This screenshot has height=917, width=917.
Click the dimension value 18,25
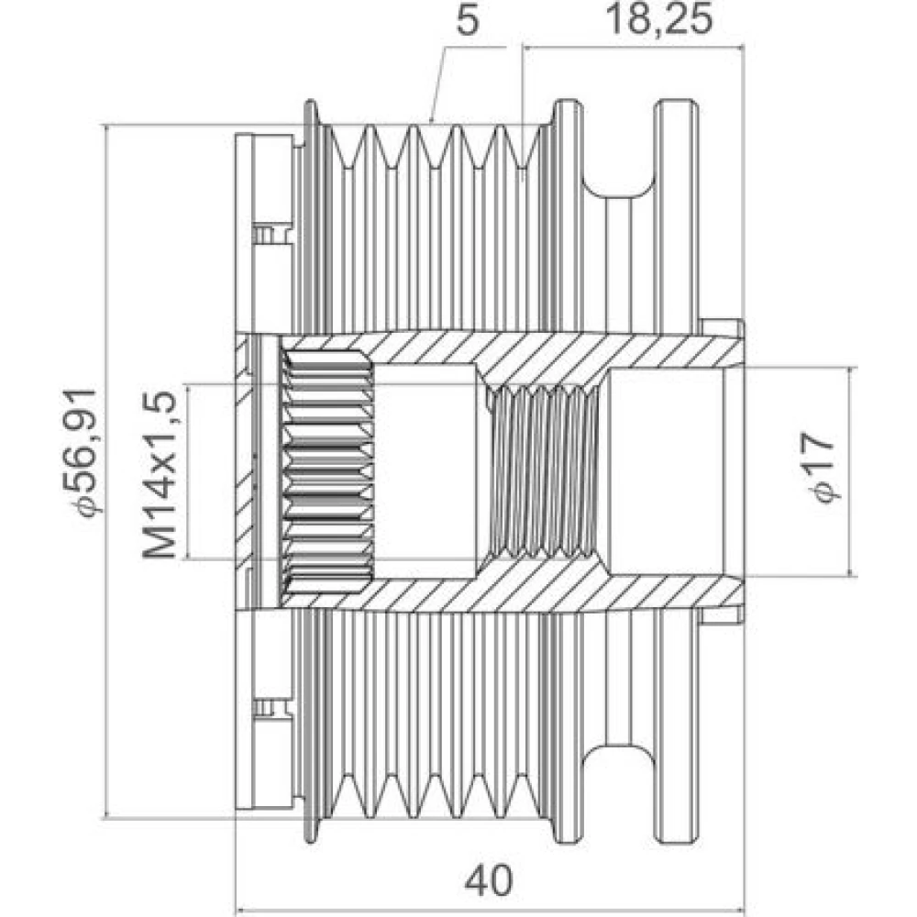pyautogui.click(x=659, y=19)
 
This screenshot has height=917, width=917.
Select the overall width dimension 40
pyautogui.click(x=489, y=879)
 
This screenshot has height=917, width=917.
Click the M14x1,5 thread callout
pyautogui.click(x=159, y=475)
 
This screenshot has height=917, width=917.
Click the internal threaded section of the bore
pyautogui.click(x=545, y=472)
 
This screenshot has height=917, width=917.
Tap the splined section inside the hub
pyautogui.click(x=327, y=472)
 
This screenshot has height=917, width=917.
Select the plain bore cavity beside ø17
pyautogui.click(x=667, y=472)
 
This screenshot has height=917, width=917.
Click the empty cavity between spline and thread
pyautogui.click(x=425, y=471)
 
